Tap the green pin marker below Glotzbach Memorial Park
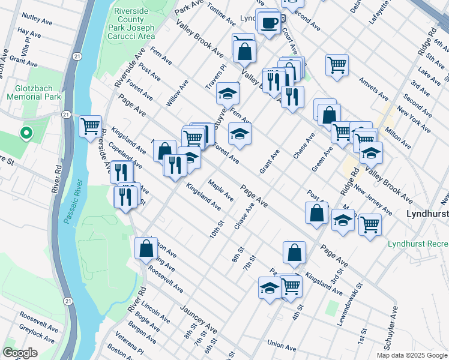point(26,133)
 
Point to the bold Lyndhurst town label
point(427,214)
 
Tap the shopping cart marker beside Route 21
point(90,126)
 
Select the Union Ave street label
point(282,346)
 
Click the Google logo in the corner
point(20,353)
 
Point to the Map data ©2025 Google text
point(411,355)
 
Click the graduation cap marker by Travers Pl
point(228,94)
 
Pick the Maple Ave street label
point(221,190)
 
